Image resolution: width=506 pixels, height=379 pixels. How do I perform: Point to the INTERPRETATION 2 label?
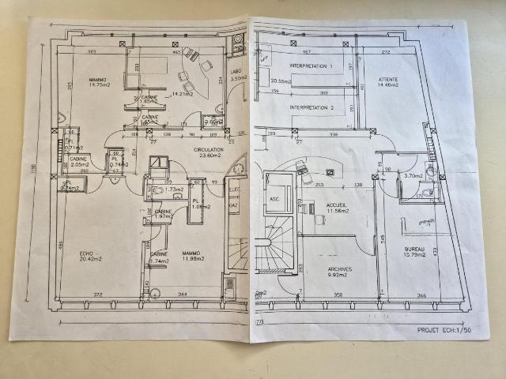pyautogui.click(x=311, y=107)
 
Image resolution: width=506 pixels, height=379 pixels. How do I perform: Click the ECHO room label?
pyautogui.click(x=87, y=253)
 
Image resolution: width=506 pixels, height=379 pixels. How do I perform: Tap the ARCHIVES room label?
pyautogui.click(x=339, y=268)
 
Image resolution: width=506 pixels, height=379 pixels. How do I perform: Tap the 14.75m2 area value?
pyautogui.click(x=99, y=86)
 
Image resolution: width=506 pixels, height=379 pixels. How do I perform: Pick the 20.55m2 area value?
pyautogui.click(x=280, y=81)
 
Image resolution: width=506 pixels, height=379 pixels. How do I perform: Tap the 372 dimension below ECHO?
pyautogui.click(x=99, y=294)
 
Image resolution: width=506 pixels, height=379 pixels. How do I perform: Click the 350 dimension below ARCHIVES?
pyautogui.click(x=338, y=295)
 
